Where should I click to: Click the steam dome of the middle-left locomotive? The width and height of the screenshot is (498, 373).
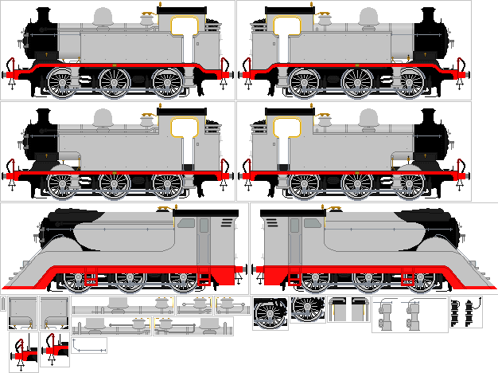click(x=103, y=119)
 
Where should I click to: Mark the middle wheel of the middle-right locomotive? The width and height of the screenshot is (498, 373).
click(x=357, y=184)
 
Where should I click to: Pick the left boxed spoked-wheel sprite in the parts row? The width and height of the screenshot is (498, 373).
click(x=270, y=313)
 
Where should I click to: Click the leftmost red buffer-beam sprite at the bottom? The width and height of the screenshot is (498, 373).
click(x=24, y=351)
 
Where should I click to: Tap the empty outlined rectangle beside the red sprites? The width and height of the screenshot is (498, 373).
click(x=89, y=345)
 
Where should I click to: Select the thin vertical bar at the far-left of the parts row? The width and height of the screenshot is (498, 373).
click(x=3, y=304)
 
